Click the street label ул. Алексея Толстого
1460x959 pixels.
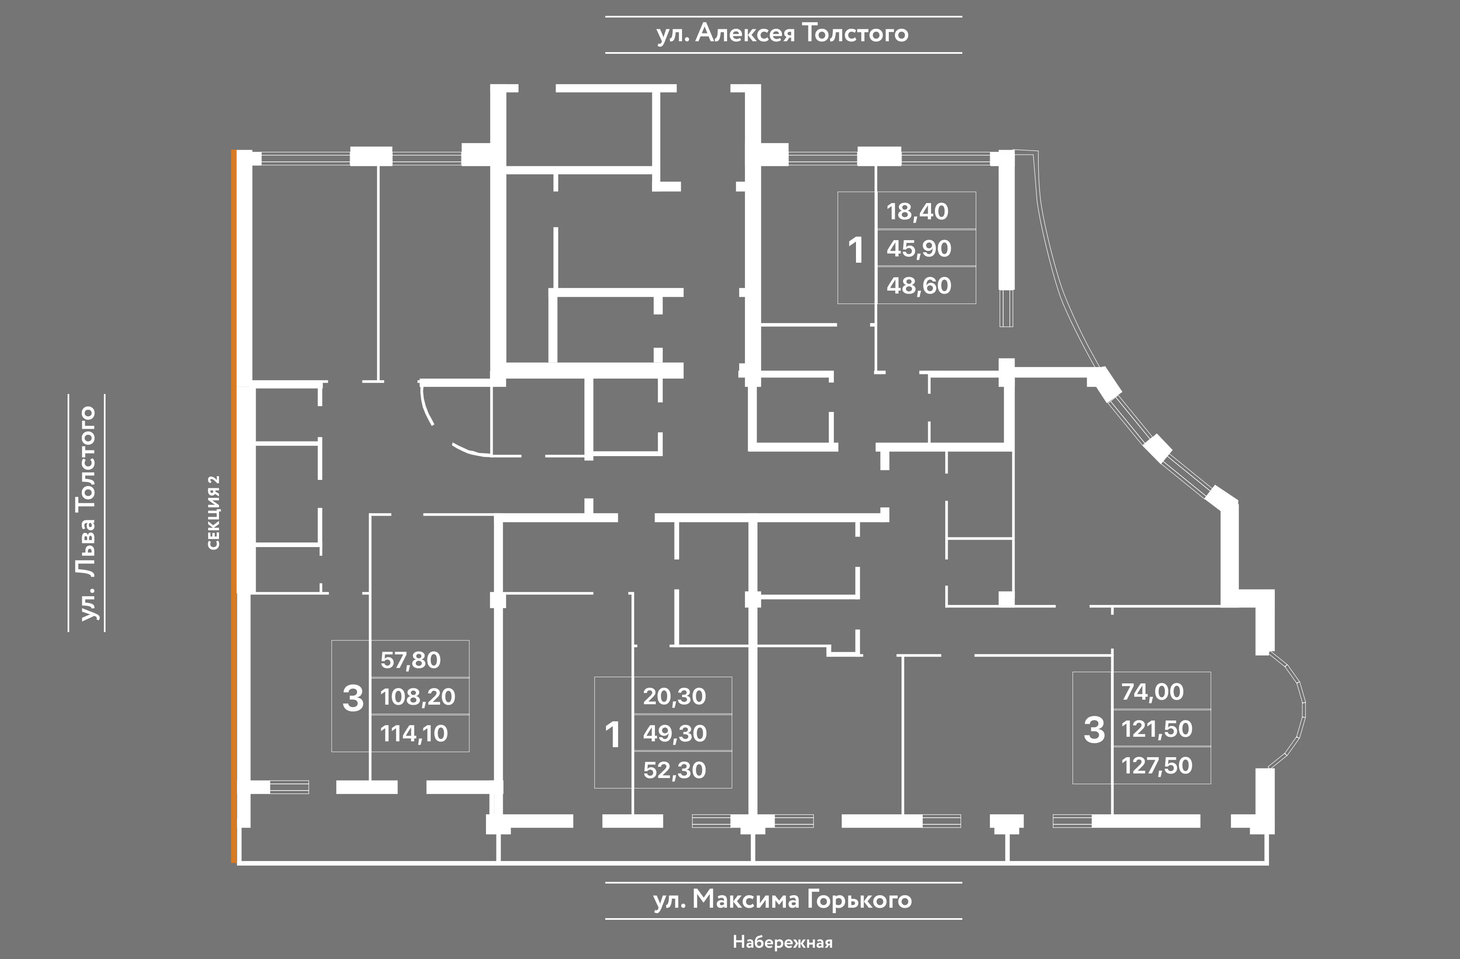click(783, 34)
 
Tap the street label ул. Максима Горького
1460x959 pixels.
click(783, 900)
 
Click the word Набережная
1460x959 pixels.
click(783, 941)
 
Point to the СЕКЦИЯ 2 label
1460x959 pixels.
click(214, 512)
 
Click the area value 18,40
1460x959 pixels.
click(918, 211)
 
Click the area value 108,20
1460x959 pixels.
click(418, 697)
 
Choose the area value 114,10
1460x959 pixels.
click(414, 733)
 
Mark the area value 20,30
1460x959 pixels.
click(674, 697)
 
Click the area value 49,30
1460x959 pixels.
click(675, 733)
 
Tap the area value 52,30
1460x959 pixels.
click(675, 770)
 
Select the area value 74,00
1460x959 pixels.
click(1153, 692)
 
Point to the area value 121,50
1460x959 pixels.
click(1157, 729)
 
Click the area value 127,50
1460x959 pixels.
click(1157, 766)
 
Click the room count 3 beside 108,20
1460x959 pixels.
click(353, 698)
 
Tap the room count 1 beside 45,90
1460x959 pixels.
click(856, 250)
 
